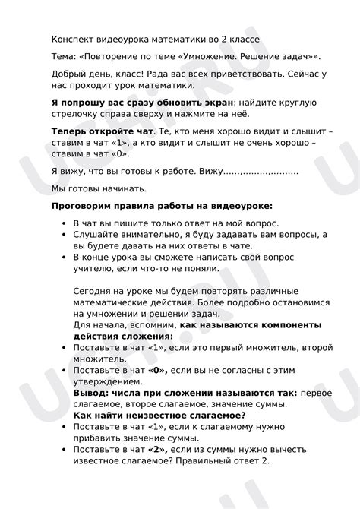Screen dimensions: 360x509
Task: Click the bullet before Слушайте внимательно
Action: [62, 236]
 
